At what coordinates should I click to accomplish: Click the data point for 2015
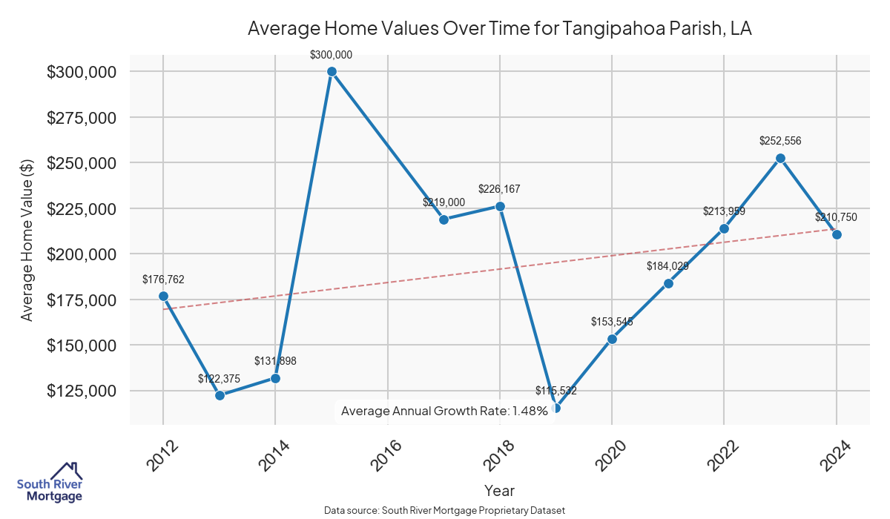332,71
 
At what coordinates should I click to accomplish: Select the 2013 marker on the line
220,395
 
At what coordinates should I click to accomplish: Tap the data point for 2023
780,158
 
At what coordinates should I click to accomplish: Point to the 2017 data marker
444,219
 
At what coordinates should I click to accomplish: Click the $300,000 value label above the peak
332,55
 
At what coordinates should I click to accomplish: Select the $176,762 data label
163,280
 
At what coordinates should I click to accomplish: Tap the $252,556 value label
780,141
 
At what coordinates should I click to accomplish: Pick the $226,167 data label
500,189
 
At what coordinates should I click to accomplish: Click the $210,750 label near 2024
836,217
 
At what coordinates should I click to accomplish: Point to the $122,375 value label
220,378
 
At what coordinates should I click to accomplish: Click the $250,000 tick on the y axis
82,163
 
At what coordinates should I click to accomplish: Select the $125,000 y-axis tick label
82,391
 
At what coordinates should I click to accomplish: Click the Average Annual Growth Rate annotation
444,411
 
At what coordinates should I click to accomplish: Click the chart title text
499,29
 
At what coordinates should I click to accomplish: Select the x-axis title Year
499,491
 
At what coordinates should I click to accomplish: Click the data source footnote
444,510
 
